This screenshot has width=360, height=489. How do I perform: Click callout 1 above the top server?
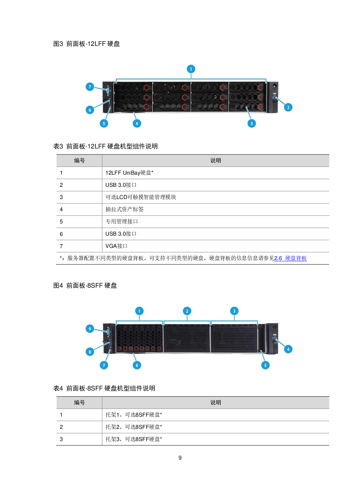(x=191, y=69)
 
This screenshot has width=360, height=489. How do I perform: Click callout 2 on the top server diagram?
(x=288, y=108)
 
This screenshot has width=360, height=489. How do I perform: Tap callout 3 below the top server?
(x=251, y=123)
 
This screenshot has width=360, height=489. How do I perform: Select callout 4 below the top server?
(x=137, y=123)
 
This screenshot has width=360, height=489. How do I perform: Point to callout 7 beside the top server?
(x=90, y=87)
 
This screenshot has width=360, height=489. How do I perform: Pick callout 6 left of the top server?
(x=90, y=110)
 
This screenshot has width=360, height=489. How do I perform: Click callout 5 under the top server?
(x=104, y=123)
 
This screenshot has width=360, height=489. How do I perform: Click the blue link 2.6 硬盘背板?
(x=290, y=258)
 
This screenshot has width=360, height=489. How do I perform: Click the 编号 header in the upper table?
(x=79, y=161)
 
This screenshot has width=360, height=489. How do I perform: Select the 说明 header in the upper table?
(x=215, y=161)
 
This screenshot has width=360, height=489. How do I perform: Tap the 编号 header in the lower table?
(x=79, y=403)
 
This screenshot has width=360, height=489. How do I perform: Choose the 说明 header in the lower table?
(x=215, y=403)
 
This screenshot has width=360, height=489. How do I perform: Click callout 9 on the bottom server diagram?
(x=90, y=329)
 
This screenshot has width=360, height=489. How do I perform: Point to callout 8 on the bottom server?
(x=90, y=352)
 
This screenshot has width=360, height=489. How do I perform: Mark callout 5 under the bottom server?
(x=265, y=365)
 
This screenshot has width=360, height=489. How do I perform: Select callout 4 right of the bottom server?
(x=288, y=349)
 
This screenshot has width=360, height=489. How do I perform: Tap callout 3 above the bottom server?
(x=234, y=311)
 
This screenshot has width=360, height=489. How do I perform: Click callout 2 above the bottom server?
(x=187, y=311)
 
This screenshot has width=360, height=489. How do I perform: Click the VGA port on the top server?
(x=108, y=90)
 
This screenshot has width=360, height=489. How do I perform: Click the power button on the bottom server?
(x=274, y=327)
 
